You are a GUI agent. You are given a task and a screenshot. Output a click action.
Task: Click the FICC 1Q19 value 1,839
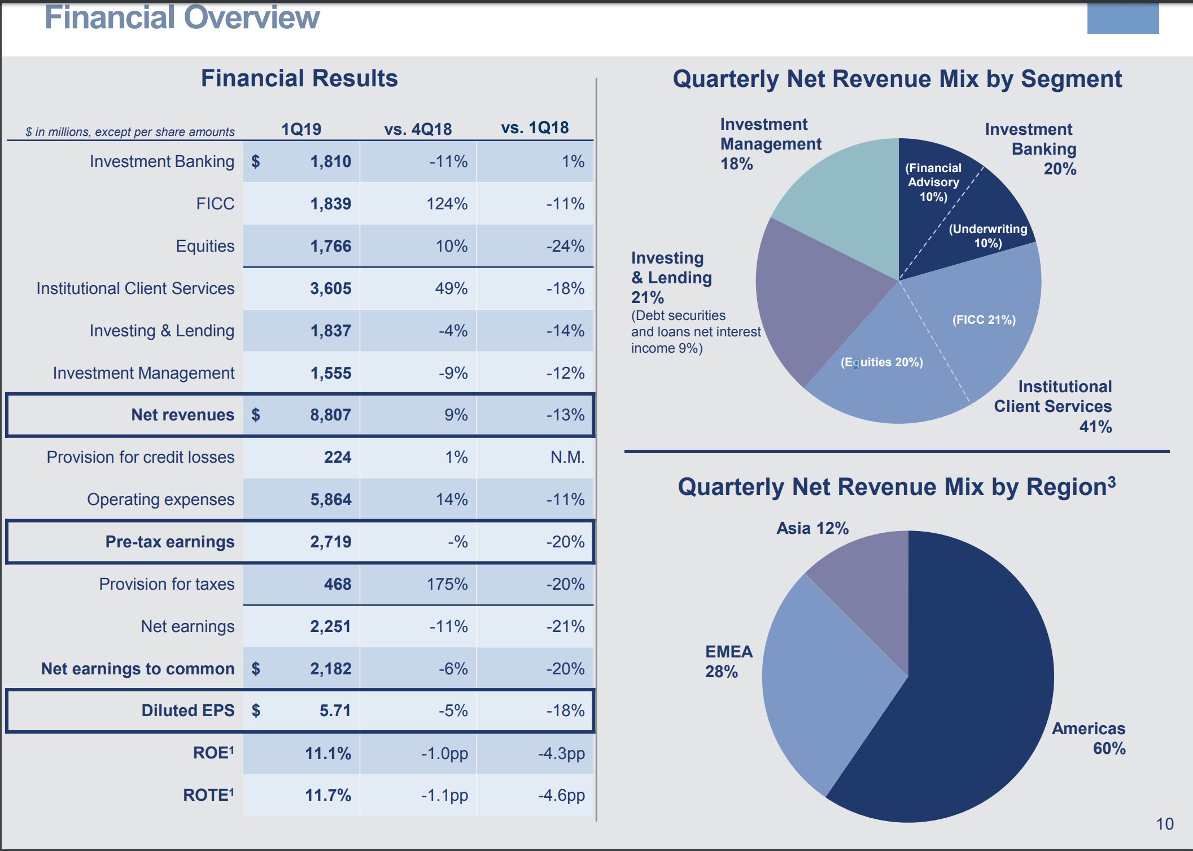330,204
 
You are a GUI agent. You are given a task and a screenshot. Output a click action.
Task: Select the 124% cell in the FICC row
447,204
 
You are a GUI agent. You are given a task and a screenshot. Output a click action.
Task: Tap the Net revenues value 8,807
330,415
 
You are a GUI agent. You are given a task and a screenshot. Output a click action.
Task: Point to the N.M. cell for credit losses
567,457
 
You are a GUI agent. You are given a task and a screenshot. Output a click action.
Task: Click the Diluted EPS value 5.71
335,710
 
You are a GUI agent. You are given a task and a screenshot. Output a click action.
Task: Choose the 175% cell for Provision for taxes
447,584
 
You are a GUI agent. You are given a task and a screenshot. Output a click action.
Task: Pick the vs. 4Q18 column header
418,129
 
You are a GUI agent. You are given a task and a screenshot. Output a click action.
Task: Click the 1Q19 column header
301,129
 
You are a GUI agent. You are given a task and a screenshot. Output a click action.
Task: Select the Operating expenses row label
160,499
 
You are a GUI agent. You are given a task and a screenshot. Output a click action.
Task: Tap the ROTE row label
208,795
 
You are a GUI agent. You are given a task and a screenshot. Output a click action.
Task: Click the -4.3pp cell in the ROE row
561,753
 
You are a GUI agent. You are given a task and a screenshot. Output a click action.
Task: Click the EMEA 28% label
728,661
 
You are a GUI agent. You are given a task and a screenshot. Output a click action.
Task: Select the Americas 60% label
1089,738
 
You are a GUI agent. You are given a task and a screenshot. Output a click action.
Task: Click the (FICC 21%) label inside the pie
984,320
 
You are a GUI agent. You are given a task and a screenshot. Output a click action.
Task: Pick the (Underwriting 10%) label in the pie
987,236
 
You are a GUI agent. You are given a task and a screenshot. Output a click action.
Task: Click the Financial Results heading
299,78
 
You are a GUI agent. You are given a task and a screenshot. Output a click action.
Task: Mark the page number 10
1164,824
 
